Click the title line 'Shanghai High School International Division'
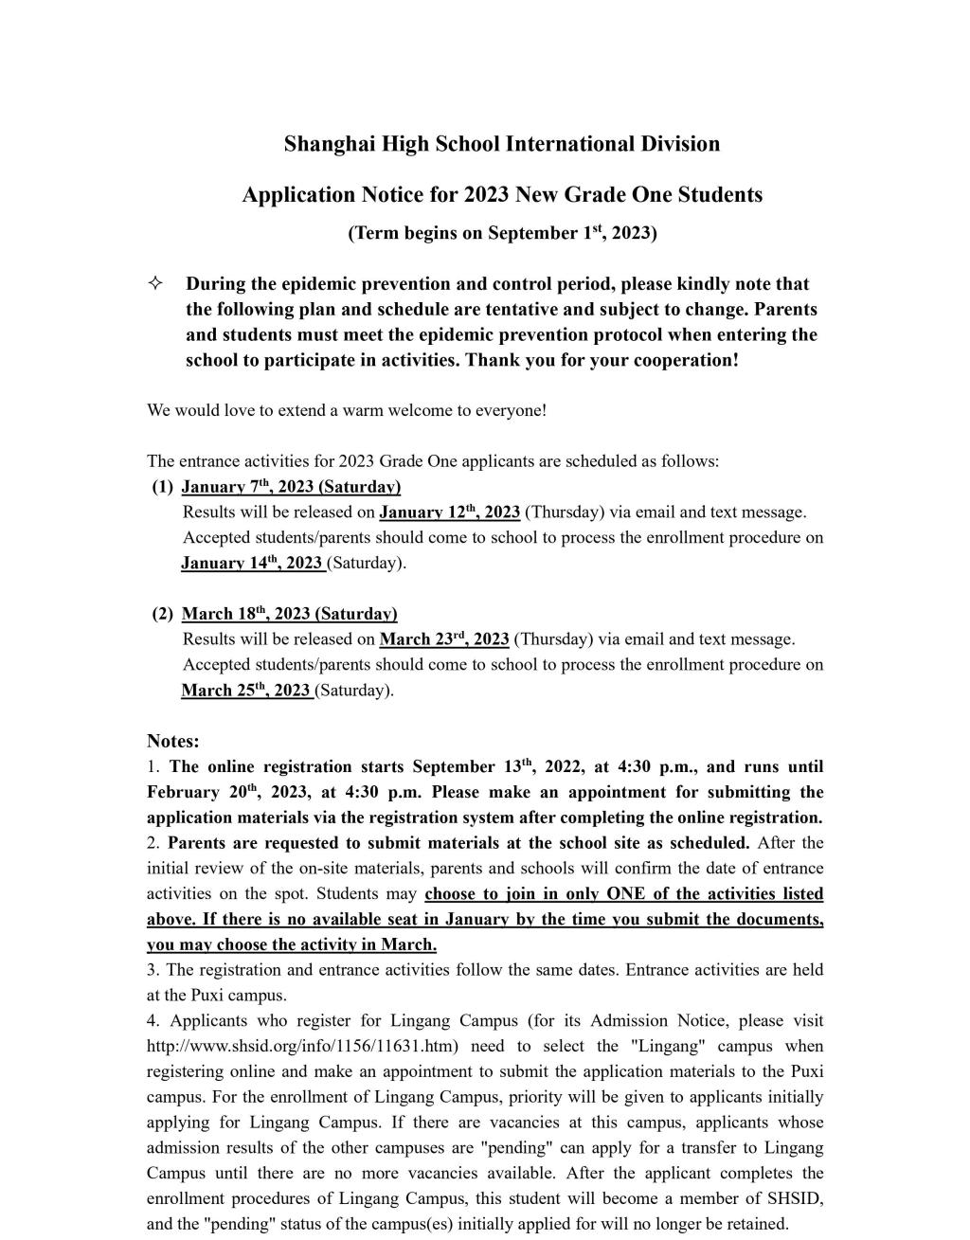(502, 144)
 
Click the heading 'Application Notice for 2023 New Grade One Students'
(502, 195)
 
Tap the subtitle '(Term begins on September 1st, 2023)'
(502, 233)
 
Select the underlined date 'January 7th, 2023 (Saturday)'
(291, 487)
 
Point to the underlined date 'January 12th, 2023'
(449, 512)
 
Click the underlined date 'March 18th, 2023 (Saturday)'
(289, 614)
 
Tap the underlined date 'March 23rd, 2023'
(443, 639)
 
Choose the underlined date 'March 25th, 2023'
(247, 691)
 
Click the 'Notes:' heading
(173, 741)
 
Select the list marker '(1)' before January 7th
(163, 487)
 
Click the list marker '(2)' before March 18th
(163, 614)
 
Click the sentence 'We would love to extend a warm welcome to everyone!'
(347, 411)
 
